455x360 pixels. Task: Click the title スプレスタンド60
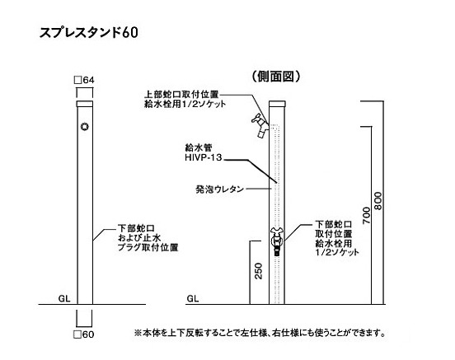(88, 32)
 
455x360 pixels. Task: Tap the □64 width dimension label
(84, 80)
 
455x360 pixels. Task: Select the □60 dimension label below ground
(84, 334)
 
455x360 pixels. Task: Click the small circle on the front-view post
(84, 127)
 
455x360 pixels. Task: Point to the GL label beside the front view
(64, 298)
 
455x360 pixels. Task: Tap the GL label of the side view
(193, 298)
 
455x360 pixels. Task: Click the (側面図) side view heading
(275, 77)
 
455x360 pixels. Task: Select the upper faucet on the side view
(260, 125)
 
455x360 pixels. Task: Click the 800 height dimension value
(378, 201)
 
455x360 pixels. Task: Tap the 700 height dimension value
(367, 215)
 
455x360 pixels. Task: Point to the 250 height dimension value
(258, 271)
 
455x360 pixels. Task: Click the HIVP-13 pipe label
(204, 157)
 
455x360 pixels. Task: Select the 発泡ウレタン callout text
(219, 189)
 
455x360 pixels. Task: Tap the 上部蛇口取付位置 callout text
(181, 95)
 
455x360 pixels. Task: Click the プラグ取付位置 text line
(148, 247)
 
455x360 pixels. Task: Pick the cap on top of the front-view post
(84, 104)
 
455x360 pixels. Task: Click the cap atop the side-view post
(277, 104)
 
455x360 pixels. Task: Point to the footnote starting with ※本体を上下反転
(260, 333)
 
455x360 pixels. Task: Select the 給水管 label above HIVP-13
(199, 147)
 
